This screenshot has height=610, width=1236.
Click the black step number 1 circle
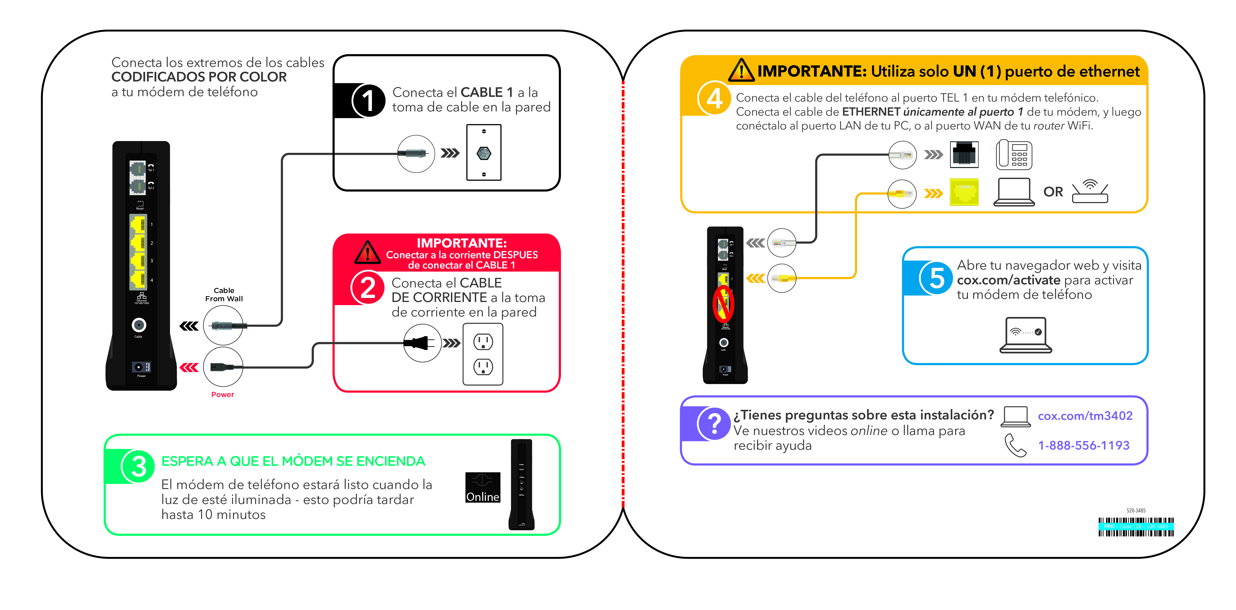pos(368,101)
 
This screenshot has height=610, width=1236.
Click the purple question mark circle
pos(714,424)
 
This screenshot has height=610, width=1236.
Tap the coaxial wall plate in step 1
pos(484,153)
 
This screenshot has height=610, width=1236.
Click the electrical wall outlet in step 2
pos(483,354)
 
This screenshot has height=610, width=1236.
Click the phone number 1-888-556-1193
pos(1083,445)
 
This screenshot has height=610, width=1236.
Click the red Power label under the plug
pos(223,394)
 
